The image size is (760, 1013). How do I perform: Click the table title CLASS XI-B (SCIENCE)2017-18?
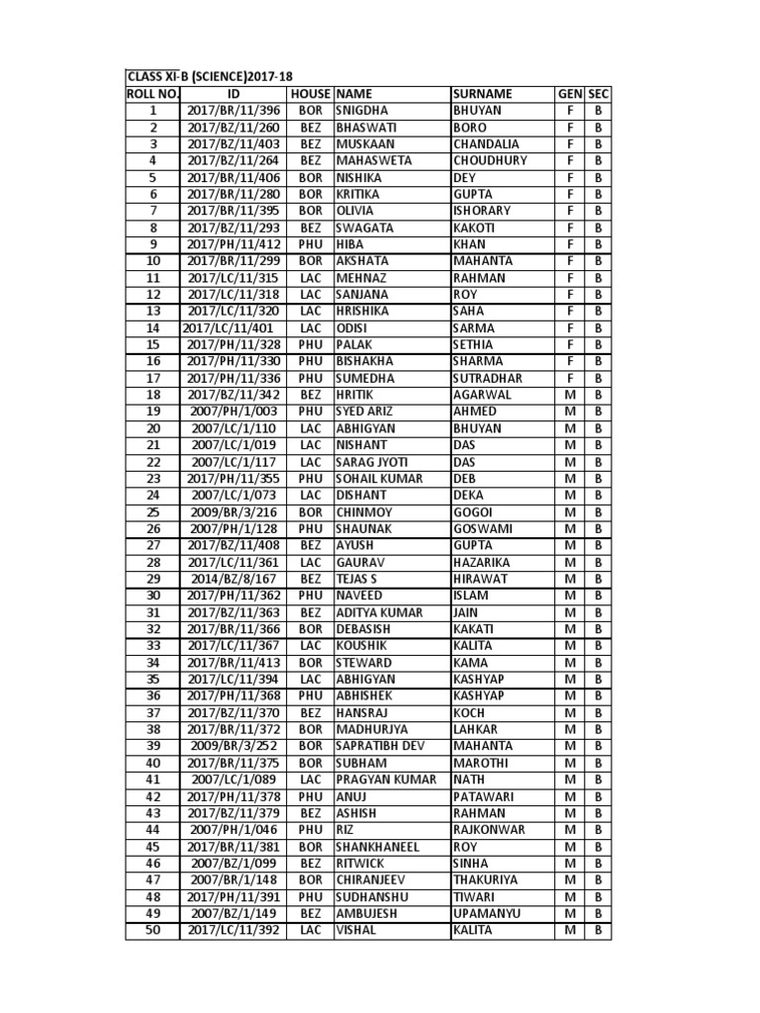click(x=210, y=77)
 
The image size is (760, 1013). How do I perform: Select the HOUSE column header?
click(x=311, y=94)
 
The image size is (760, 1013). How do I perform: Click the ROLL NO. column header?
click(x=152, y=94)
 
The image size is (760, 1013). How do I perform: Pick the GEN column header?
click(x=569, y=94)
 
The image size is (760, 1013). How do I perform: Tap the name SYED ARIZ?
click(x=367, y=412)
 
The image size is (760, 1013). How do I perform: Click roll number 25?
click(x=153, y=512)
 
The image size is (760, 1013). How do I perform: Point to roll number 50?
click(x=153, y=931)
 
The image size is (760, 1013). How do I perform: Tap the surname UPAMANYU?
click(x=488, y=914)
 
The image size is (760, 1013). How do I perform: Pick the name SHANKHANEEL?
click(x=378, y=847)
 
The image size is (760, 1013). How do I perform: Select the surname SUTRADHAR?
click(x=490, y=378)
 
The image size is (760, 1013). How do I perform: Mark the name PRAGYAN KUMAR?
click(x=385, y=780)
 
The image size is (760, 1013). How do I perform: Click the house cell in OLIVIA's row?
click(x=311, y=211)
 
